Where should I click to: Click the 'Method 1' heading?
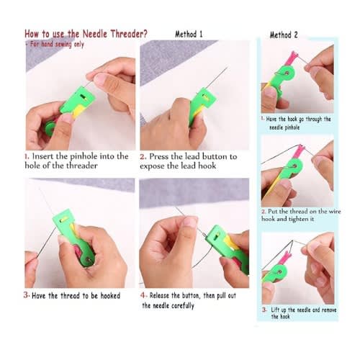tap(189, 34)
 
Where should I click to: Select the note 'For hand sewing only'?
tap(56, 44)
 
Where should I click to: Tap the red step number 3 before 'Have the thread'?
tap(27, 294)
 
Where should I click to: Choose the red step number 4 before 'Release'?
tap(143, 295)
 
